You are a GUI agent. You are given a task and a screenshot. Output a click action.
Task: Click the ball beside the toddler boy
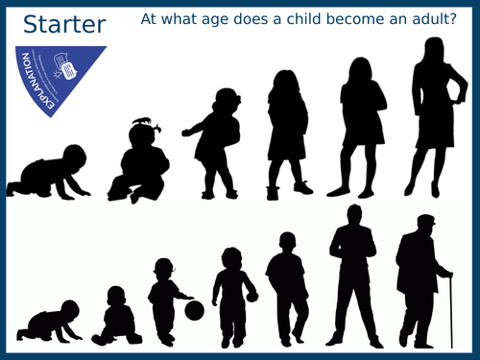(x=194, y=310)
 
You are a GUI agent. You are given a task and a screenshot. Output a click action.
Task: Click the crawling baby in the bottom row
(x=52, y=321)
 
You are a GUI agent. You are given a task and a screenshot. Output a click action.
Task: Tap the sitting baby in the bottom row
(x=116, y=317)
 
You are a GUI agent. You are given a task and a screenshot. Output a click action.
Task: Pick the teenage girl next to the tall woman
(x=354, y=125)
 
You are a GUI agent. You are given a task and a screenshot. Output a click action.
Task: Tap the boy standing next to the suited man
(x=287, y=288)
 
